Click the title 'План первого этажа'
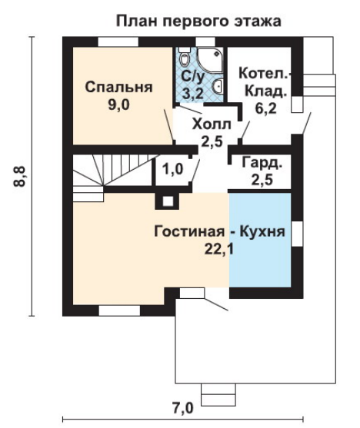(x=198, y=22)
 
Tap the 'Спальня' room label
(x=118, y=88)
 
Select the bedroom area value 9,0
(x=119, y=105)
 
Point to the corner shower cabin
(x=210, y=61)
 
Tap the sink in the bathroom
(x=218, y=86)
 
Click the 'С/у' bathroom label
(x=192, y=78)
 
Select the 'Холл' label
(x=212, y=124)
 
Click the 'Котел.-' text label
(x=265, y=73)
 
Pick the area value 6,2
(x=265, y=108)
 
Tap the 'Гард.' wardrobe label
(x=262, y=163)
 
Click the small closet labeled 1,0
(x=173, y=169)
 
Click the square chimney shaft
(x=168, y=201)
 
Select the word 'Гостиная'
(x=189, y=232)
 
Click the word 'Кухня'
(x=262, y=232)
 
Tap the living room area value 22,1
(x=219, y=249)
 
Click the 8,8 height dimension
(x=20, y=176)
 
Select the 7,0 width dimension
(x=182, y=408)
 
